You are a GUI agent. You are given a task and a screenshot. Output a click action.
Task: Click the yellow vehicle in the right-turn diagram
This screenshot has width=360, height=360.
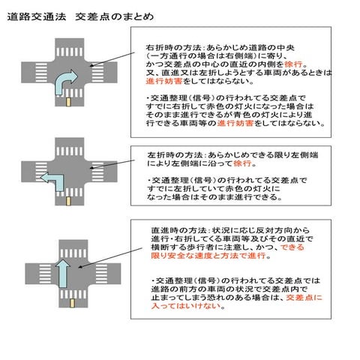pyautogui.click(x=69, y=100)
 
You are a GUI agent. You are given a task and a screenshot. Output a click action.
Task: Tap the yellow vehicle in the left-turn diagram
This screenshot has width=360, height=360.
pyautogui.click(x=69, y=200)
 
